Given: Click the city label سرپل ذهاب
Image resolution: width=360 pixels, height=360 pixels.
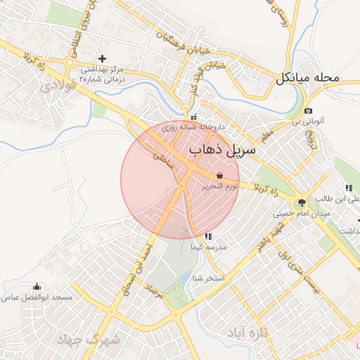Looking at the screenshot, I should [x=224, y=150].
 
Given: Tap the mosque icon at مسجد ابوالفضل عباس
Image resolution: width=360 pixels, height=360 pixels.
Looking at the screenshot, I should [x=37, y=287].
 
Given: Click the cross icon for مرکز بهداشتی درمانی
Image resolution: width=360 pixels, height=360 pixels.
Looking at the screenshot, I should [x=103, y=58].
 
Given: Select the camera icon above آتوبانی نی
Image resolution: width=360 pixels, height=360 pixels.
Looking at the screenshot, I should [x=308, y=111].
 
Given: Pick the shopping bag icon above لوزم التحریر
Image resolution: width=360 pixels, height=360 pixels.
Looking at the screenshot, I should [x=220, y=175].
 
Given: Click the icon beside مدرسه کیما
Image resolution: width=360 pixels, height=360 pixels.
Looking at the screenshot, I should [x=207, y=237].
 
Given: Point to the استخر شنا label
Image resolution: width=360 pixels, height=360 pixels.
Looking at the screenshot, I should [x=210, y=278].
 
